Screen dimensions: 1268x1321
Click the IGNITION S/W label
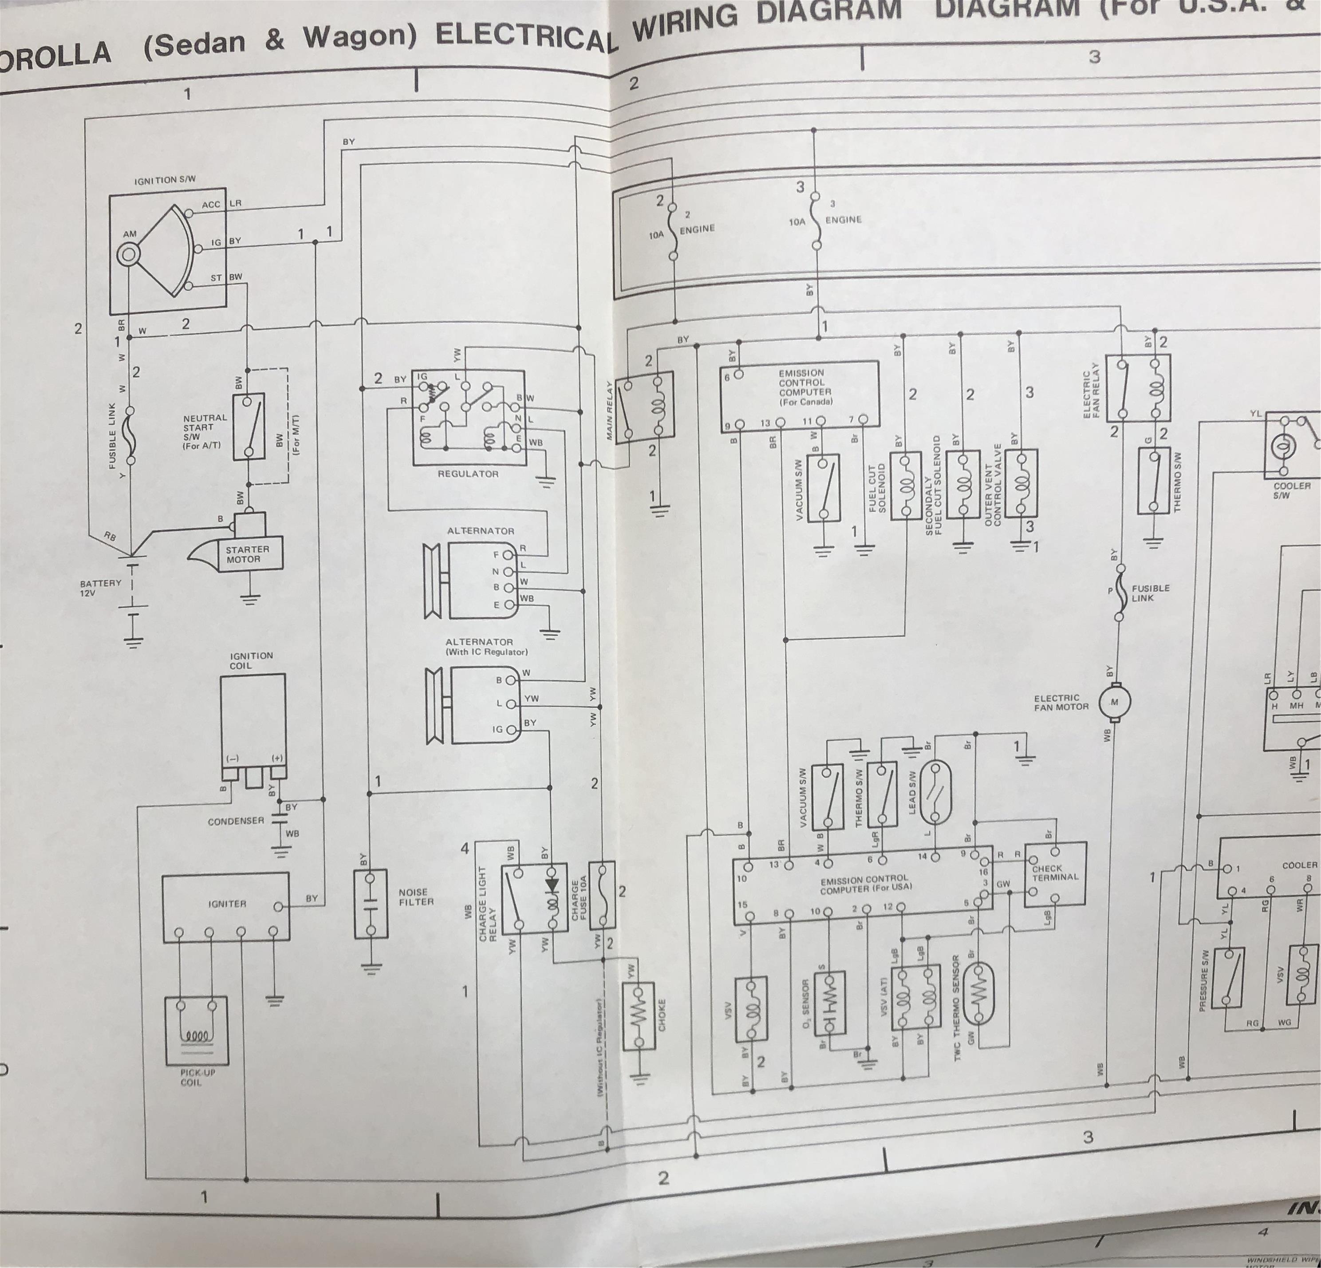tap(165, 180)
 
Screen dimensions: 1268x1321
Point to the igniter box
tap(226, 907)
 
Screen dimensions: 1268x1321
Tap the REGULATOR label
tap(468, 474)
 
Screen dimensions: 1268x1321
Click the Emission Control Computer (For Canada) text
tap(805, 387)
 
